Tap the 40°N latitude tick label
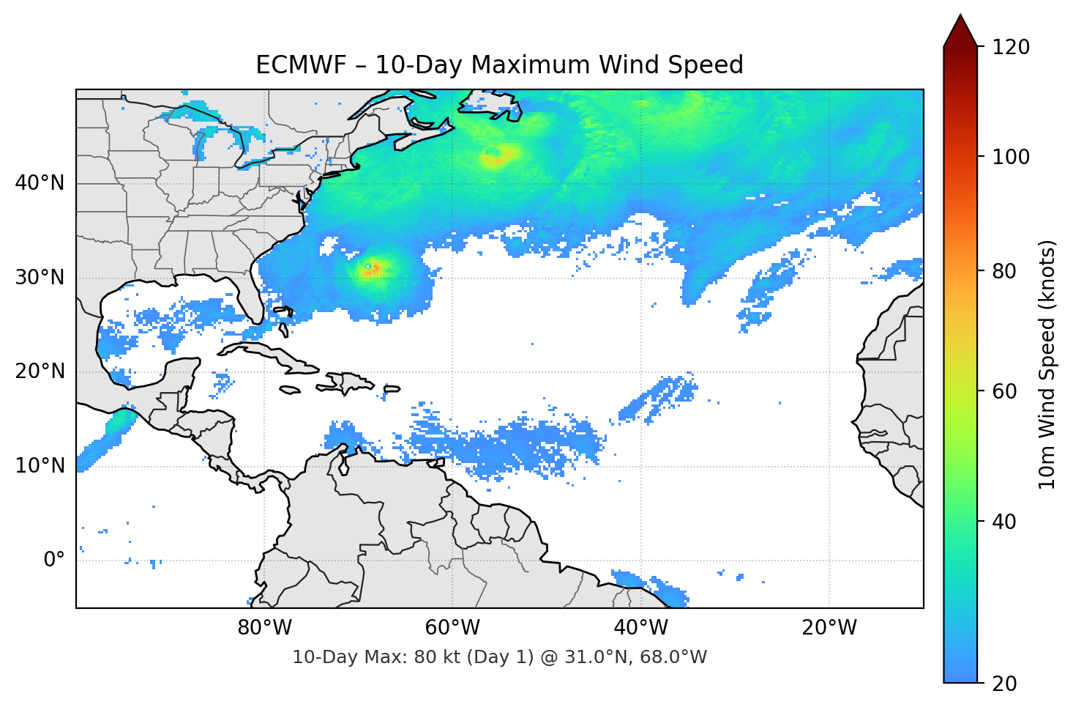point(40,183)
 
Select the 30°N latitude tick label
point(40,278)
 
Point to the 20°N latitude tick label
point(40,371)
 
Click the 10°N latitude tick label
point(40,466)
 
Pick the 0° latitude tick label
point(54,560)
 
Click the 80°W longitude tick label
point(264,628)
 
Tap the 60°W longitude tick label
point(452,628)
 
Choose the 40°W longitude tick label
point(640,628)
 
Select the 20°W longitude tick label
point(829,628)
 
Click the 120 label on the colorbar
point(1011,48)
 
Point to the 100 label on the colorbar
point(1011,157)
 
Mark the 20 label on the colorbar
point(1004,684)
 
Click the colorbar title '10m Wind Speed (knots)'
point(1047,364)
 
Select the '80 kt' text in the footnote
point(432,657)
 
